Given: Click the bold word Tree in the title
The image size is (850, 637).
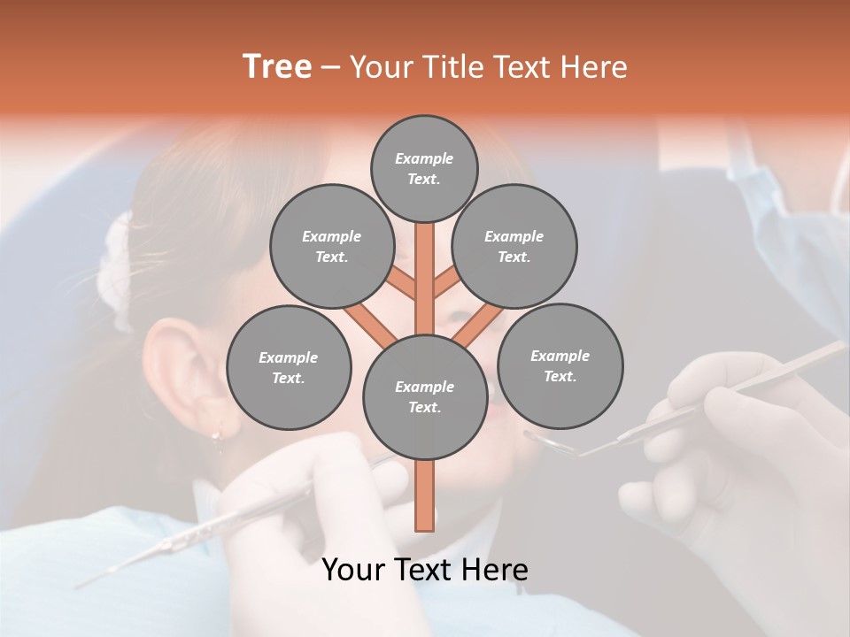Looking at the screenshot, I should tap(277, 67).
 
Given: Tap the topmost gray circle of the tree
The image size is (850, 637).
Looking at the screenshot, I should tap(424, 168).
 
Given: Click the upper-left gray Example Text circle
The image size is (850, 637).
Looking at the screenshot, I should tap(331, 246).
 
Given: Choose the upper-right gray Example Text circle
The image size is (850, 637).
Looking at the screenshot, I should tap(514, 246).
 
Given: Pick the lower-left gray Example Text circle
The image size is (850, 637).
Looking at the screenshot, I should tap(288, 367).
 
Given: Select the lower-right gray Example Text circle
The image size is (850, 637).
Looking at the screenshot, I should tap(560, 365).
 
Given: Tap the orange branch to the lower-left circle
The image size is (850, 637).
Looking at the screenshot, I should tap(370, 324).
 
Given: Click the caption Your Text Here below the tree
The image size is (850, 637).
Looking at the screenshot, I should tap(424, 570).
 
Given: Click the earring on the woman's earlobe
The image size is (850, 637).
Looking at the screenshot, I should tap(215, 434).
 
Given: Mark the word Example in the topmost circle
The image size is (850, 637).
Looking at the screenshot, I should tap(424, 158).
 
